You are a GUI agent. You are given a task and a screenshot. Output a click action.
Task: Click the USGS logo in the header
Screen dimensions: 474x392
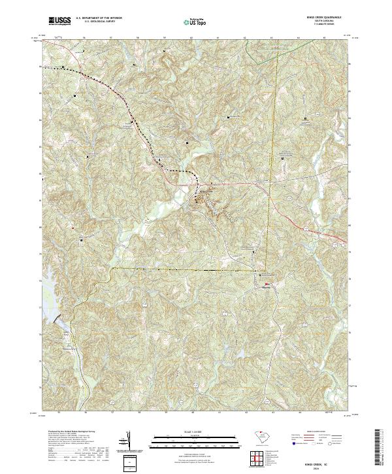[59, 22]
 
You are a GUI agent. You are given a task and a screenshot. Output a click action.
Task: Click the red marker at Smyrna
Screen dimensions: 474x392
[267, 283]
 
